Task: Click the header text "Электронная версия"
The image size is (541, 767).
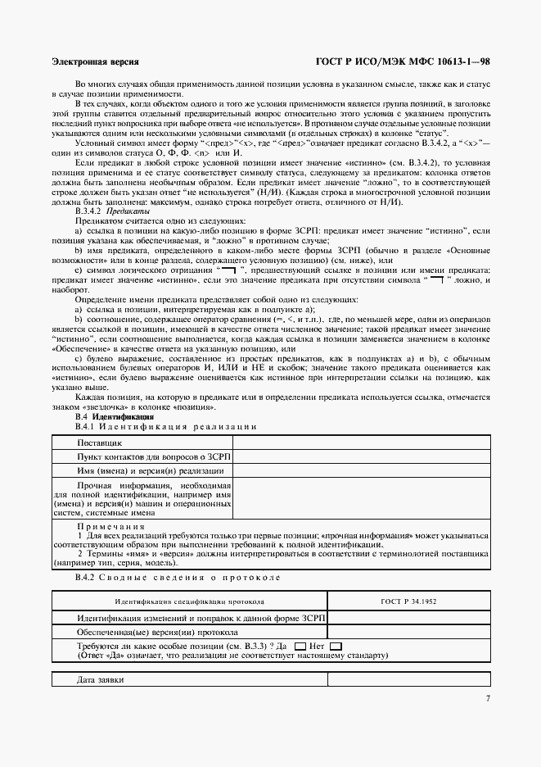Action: (x=95, y=61)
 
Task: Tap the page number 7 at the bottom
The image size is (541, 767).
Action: (x=487, y=699)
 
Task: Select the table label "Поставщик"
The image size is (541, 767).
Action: (x=100, y=442)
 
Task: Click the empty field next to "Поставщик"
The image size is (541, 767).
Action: (x=363, y=442)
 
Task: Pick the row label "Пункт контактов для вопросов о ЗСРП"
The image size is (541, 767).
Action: (x=154, y=456)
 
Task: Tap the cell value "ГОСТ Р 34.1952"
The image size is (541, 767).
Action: (x=408, y=601)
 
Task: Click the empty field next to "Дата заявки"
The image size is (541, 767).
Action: (x=408, y=680)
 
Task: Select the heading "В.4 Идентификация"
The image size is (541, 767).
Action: (x=114, y=417)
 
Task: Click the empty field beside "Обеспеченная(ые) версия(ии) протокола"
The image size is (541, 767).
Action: (x=408, y=633)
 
